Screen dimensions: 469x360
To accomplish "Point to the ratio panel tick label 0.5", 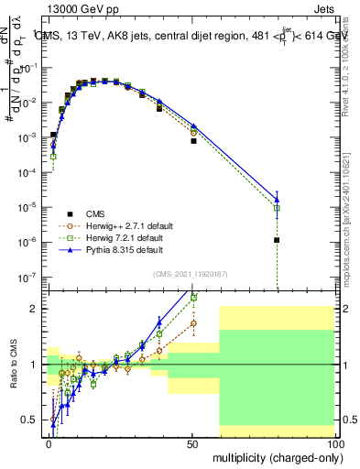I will (x=31, y=420).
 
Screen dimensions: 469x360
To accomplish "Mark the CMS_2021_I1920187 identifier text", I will (x=190, y=274).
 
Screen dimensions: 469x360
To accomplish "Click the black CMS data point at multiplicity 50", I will (x=193, y=141).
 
